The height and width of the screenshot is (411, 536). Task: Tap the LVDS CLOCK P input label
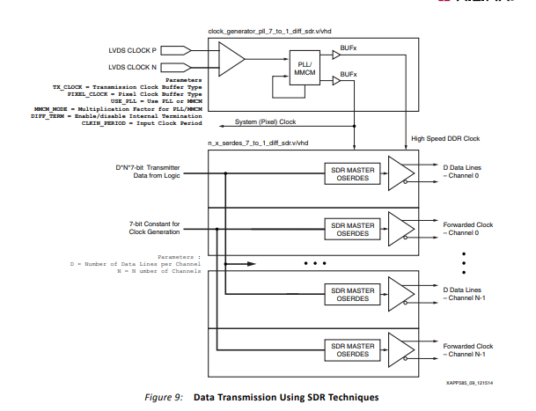pyautogui.click(x=133, y=50)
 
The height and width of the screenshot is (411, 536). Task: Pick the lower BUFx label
pyautogui.click(x=349, y=75)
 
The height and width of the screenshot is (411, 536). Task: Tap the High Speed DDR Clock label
pyautogui.click(x=445, y=139)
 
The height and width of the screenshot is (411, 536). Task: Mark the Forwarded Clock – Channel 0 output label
pyautogui.click(x=466, y=229)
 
